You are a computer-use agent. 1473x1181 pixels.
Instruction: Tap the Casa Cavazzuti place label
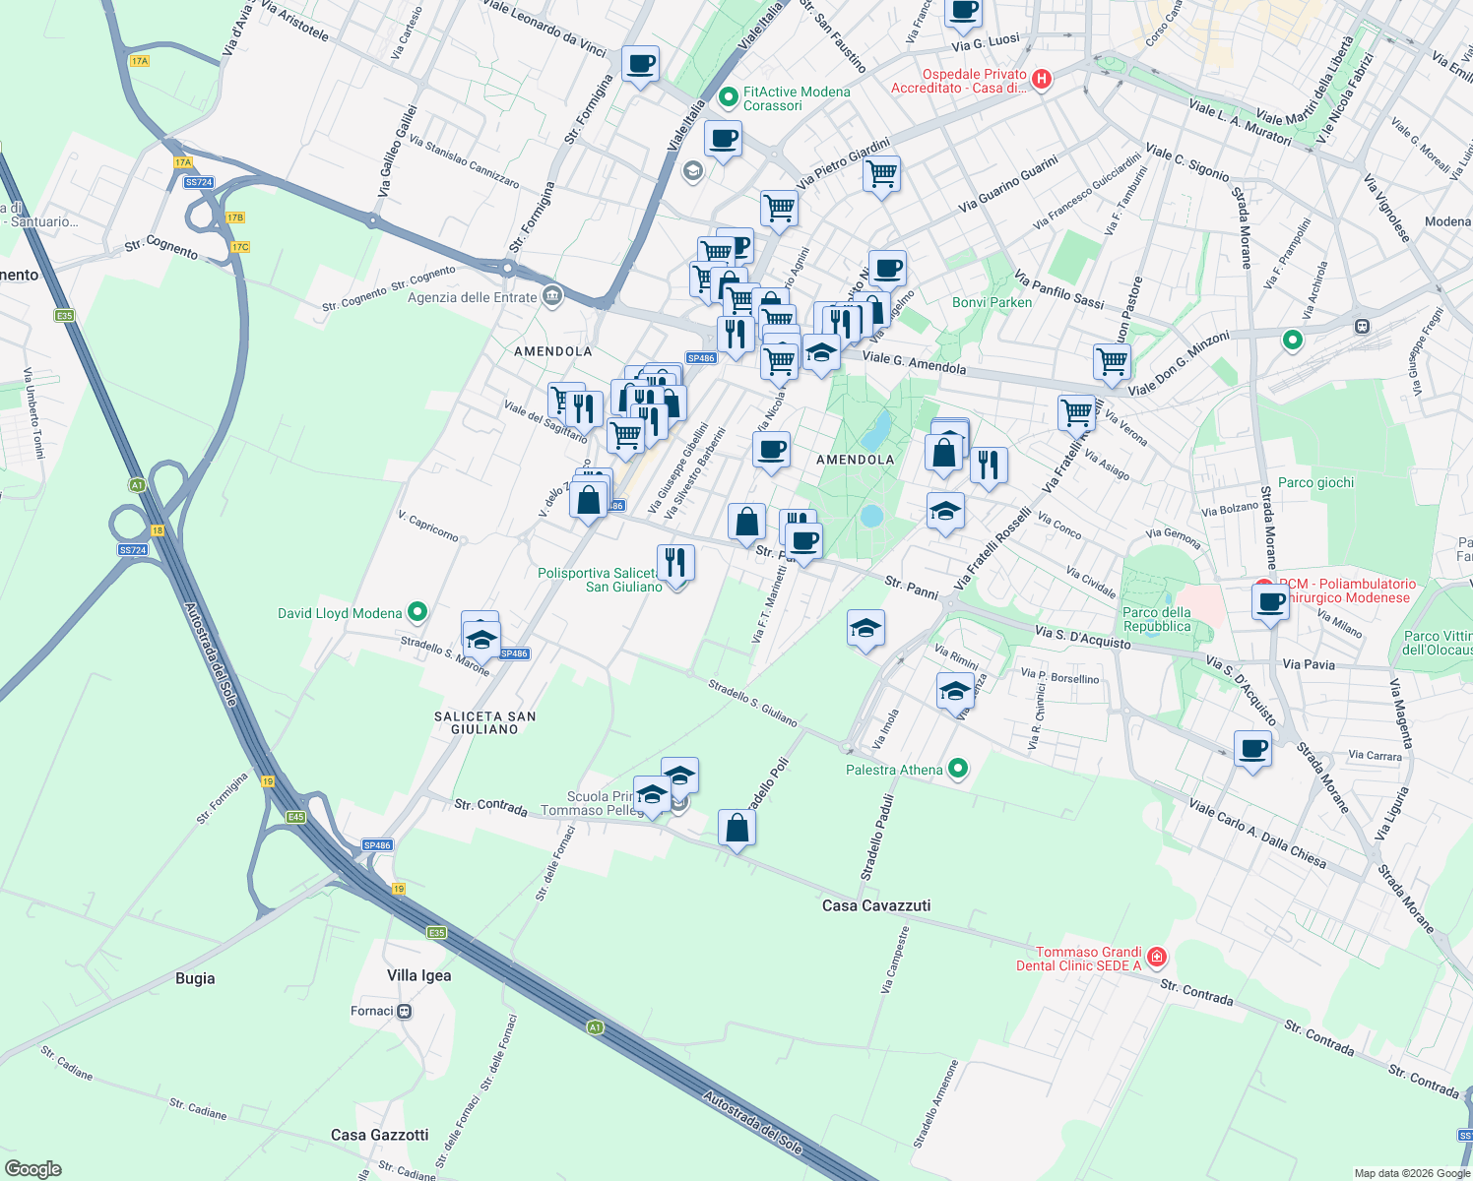(875, 905)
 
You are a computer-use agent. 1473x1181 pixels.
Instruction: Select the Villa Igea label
(418, 975)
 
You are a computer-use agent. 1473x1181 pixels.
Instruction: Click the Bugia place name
(195, 978)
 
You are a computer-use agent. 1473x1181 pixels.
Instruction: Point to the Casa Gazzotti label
(379, 1135)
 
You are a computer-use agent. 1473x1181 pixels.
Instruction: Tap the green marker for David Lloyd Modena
(417, 612)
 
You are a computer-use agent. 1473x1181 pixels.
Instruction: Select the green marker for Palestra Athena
(958, 770)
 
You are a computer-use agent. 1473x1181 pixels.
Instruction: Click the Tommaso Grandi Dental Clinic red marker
(1157, 957)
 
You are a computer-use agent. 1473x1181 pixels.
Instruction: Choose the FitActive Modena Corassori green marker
(729, 96)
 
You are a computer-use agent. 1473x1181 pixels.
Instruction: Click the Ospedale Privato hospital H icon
(1042, 79)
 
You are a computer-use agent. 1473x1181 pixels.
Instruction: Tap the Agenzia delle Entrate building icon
(552, 296)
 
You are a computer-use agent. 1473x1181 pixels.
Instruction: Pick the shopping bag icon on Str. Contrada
(736, 829)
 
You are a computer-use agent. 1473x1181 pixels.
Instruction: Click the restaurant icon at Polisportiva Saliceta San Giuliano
(675, 563)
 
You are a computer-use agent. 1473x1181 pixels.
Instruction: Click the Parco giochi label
(1315, 482)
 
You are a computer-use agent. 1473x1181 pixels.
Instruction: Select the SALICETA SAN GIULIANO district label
(484, 722)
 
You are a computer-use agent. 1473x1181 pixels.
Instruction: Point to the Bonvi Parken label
(992, 302)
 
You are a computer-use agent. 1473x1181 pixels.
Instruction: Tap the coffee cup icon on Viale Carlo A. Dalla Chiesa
(1252, 750)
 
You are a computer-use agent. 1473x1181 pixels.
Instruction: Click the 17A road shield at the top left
(139, 61)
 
